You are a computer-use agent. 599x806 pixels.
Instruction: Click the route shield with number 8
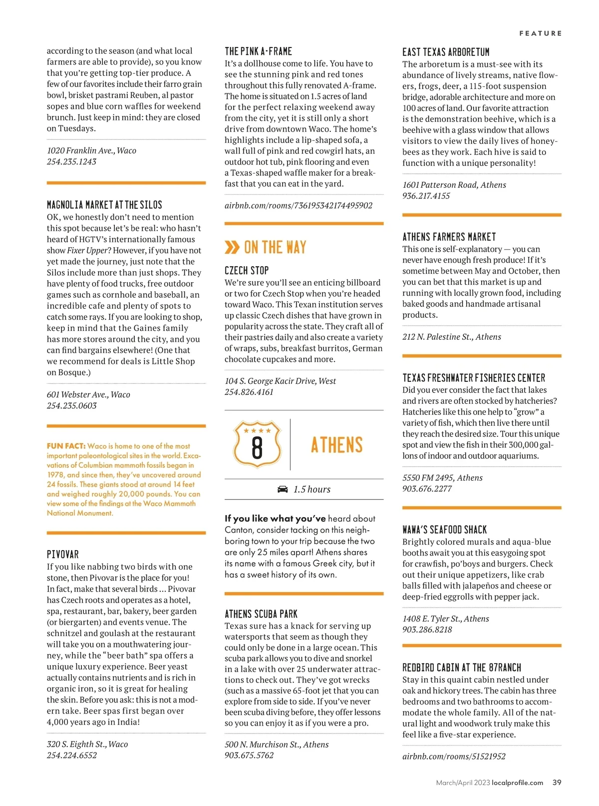(257, 444)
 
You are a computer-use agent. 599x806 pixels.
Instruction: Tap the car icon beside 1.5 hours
(283, 489)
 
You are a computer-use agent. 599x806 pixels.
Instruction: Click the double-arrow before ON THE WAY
(232, 247)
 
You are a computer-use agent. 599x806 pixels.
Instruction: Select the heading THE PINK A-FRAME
(258, 51)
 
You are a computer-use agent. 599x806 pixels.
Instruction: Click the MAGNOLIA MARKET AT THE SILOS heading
(104, 205)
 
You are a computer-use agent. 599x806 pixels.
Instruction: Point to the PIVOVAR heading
(63, 554)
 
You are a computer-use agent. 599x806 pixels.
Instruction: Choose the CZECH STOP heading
(247, 270)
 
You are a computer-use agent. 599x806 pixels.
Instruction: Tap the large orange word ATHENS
(337, 445)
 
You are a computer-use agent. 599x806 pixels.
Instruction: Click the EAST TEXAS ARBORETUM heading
(446, 52)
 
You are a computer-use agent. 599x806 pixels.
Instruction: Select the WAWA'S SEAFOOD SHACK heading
(444, 530)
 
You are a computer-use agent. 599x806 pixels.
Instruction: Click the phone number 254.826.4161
(249, 392)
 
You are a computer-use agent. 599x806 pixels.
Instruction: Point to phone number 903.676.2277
(427, 489)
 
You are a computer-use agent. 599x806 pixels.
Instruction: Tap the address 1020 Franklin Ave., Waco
(91, 150)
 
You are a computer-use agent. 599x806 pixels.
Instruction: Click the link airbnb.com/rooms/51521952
(454, 757)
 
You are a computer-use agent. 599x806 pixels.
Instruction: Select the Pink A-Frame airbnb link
(299, 205)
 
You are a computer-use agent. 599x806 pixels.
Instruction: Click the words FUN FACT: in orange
(66, 446)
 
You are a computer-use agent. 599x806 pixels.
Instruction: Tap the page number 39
(557, 783)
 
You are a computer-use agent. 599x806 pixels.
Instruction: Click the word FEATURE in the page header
(540, 33)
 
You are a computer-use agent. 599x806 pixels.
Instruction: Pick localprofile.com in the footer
(517, 783)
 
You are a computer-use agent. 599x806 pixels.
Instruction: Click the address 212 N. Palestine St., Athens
(452, 337)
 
